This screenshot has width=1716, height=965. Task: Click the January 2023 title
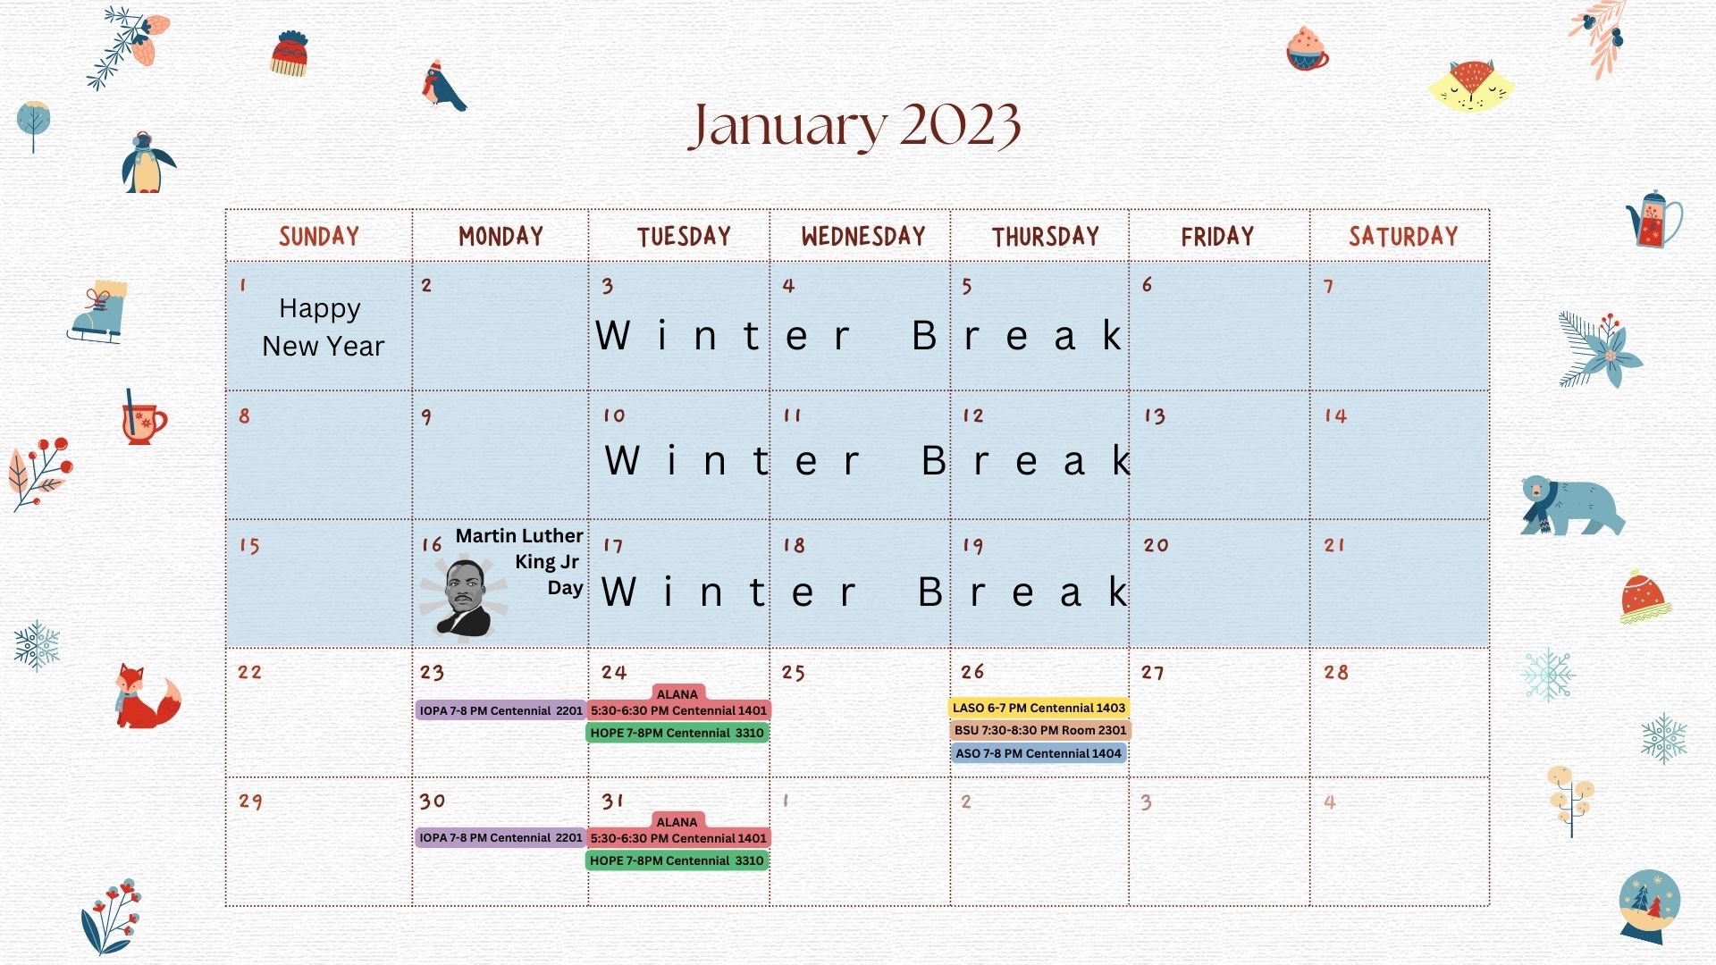[x=854, y=126]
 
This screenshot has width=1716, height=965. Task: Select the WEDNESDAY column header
[x=863, y=236]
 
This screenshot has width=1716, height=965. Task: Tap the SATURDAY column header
[x=1403, y=236]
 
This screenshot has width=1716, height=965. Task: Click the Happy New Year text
[x=323, y=327]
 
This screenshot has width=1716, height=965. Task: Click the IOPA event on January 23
[x=500, y=710]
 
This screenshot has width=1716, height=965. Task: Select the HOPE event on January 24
[x=677, y=733]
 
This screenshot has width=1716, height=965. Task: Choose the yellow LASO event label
[x=1039, y=708]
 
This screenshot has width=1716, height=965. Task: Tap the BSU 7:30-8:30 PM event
[x=1040, y=730]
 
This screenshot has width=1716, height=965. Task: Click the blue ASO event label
[x=1038, y=753]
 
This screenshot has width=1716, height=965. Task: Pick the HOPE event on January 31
[x=677, y=860]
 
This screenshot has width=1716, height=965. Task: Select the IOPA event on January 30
[x=500, y=837]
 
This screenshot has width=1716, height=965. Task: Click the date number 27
[x=1153, y=673]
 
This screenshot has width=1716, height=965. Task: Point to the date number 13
[x=1155, y=416]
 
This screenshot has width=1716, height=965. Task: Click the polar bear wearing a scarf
[x=1572, y=506]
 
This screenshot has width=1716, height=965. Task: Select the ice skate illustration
[x=98, y=312]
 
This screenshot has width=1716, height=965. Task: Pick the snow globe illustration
[x=1650, y=906]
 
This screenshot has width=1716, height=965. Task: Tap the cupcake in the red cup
[x=1308, y=48]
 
